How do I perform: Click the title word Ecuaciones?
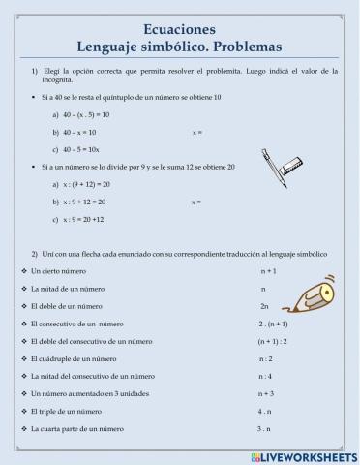(179, 29)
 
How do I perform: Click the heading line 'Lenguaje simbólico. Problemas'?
(179, 46)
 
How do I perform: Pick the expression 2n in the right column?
(264, 306)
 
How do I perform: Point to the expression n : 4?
(265, 376)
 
